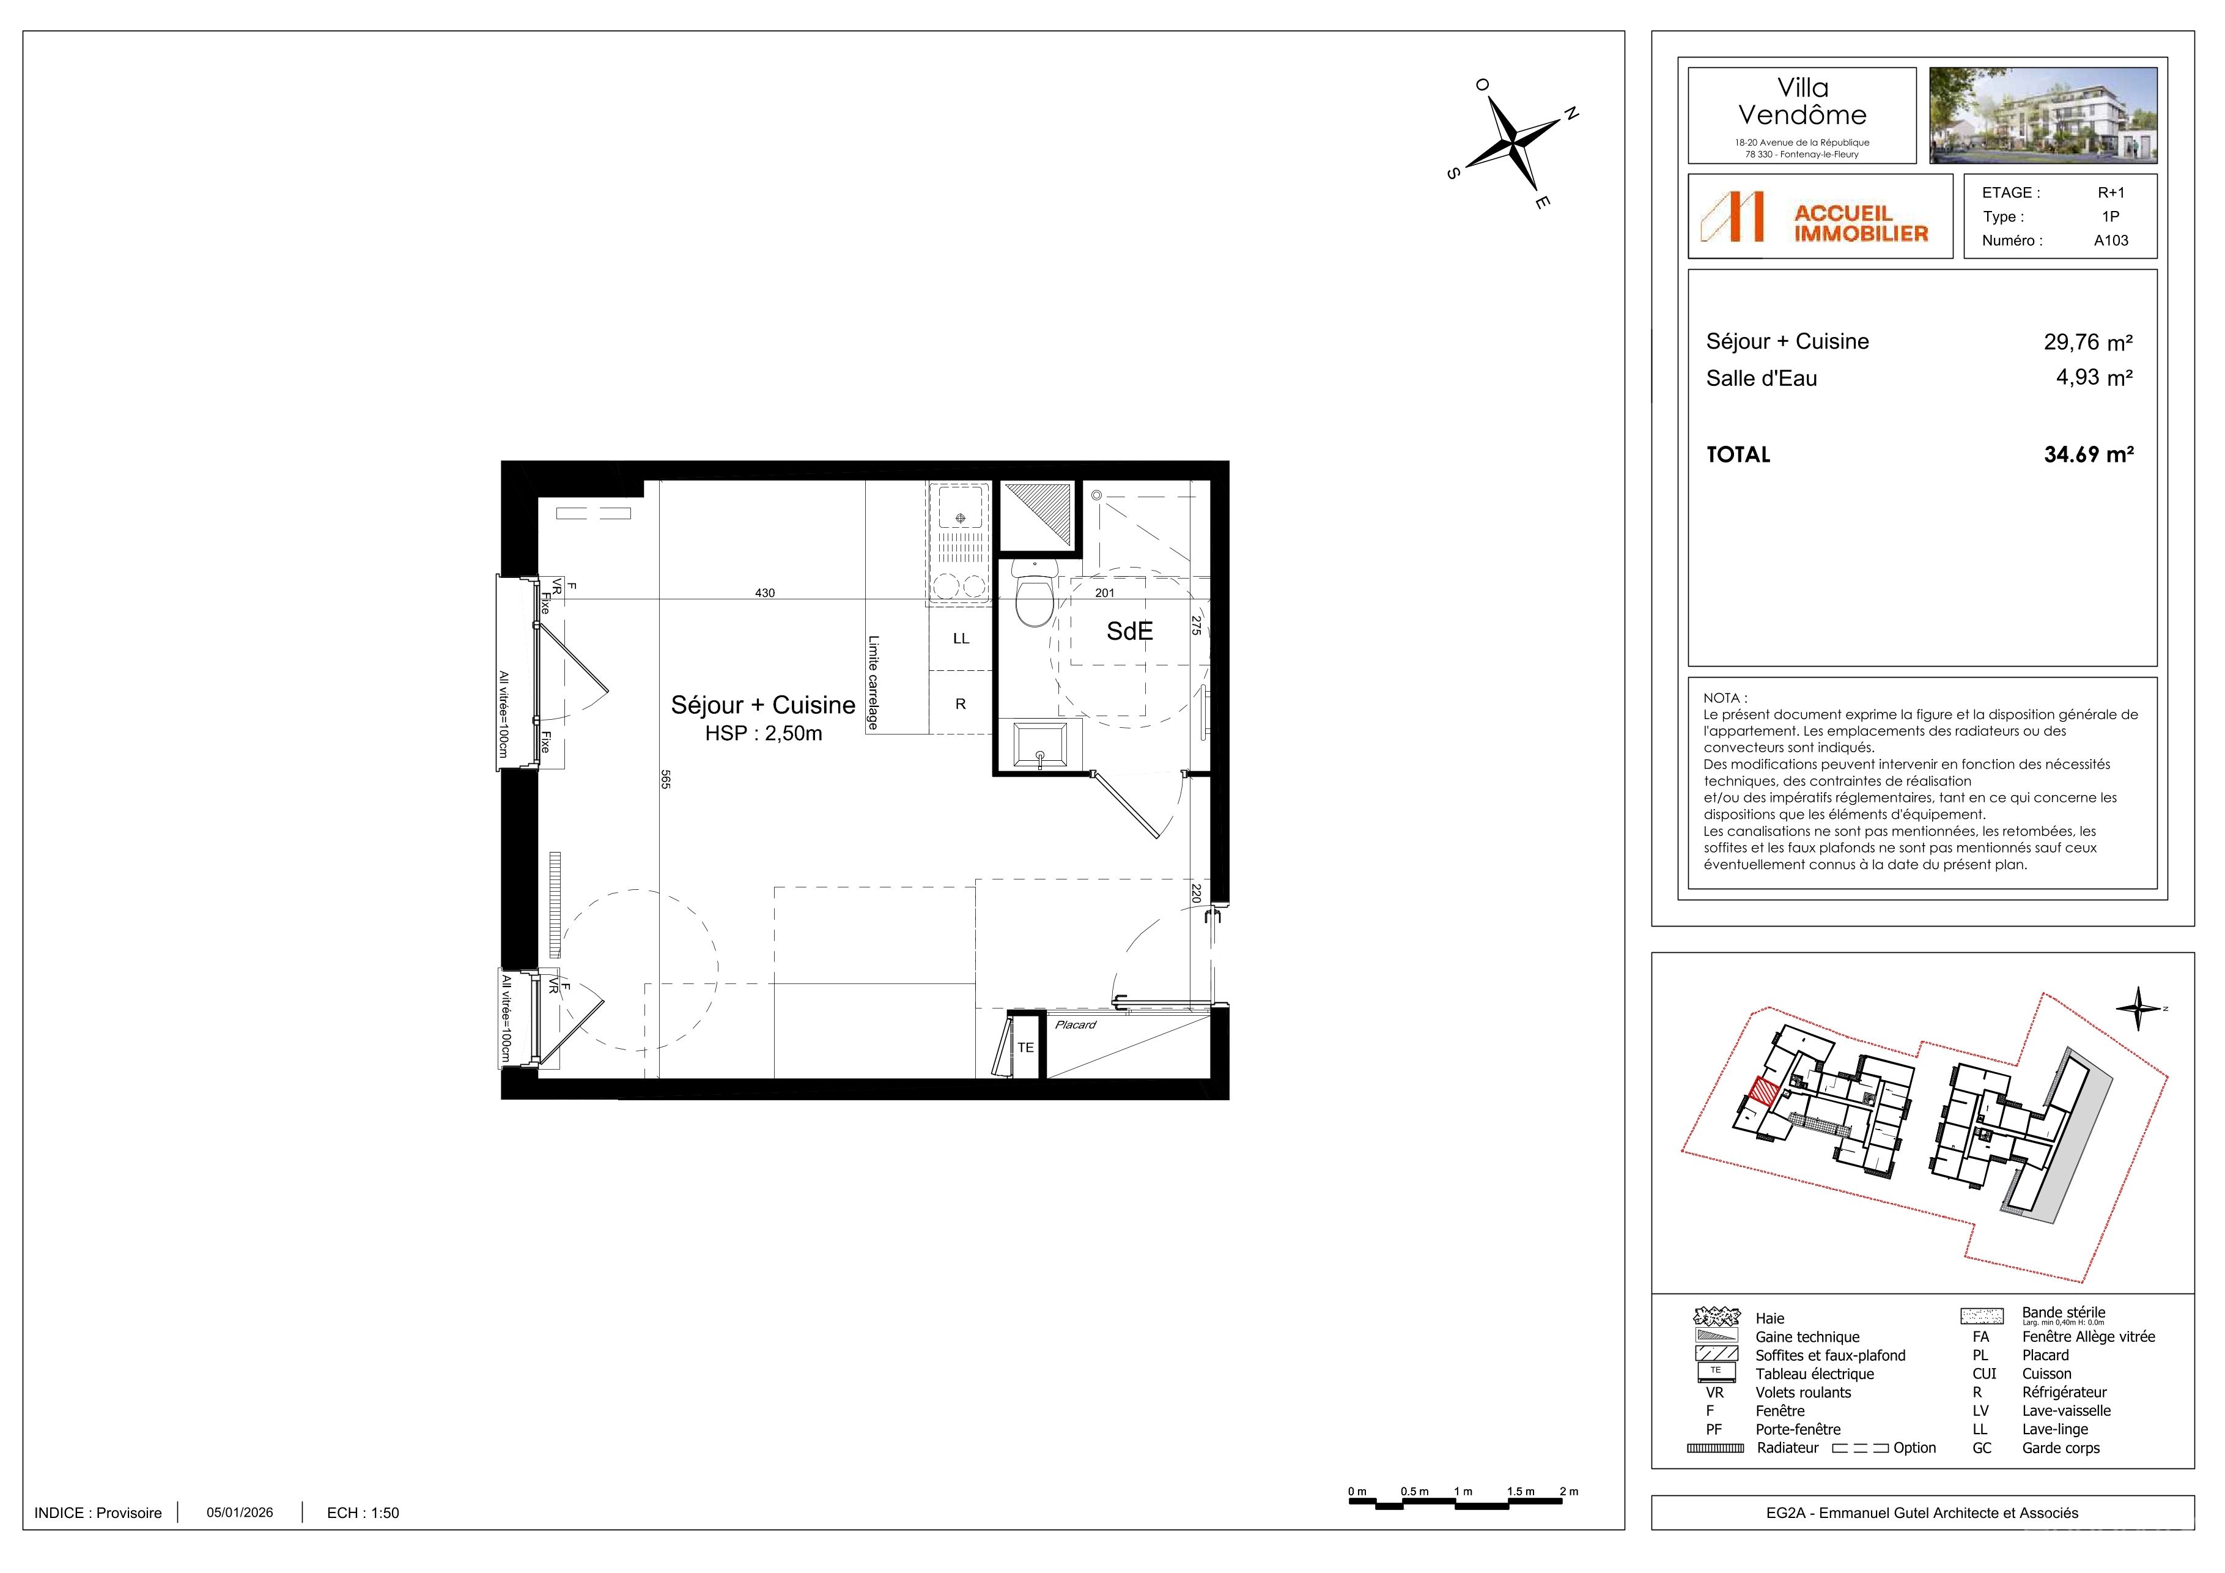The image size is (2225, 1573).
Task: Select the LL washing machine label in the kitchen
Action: click(961, 638)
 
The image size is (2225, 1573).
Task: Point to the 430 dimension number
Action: click(765, 593)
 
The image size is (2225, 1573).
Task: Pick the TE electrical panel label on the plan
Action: click(1025, 1048)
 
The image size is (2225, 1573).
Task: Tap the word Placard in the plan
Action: click(1076, 1024)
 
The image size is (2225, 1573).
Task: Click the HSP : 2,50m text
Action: click(764, 734)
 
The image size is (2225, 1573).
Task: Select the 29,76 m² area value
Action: click(2089, 342)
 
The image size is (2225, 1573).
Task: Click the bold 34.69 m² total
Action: click(2089, 454)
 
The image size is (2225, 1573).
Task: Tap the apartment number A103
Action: click(2111, 240)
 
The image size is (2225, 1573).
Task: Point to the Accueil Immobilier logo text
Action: click(1861, 223)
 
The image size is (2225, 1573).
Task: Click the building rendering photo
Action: click(2043, 116)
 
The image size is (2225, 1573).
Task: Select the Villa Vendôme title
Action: click(1803, 102)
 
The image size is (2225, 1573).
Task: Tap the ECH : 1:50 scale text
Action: click(363, 1513)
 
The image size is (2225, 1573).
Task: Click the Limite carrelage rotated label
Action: click(873, 683)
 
